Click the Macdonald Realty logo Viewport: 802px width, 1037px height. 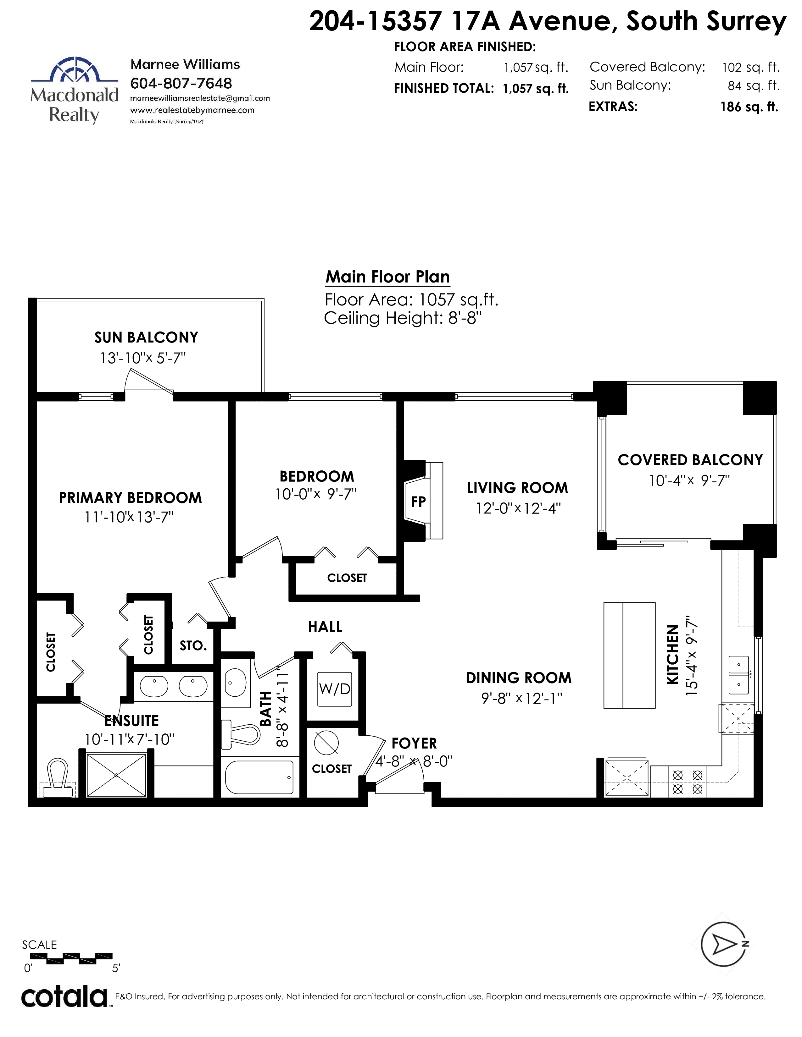coord(75,90)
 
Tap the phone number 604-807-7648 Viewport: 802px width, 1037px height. coord(181,84)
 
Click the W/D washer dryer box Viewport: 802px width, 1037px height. coord(335,689)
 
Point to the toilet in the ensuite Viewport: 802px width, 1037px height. coord(58,777)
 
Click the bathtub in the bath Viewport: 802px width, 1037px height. coord(259,777)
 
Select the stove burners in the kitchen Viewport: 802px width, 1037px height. coord(688,782)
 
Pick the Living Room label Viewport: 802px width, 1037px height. coord(517,488)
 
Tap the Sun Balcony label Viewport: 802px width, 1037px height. coord(146,337)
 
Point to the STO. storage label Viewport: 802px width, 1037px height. coord(193,646)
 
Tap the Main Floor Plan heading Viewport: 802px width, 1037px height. coord(388,277)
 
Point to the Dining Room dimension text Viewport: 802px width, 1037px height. coord(522,699)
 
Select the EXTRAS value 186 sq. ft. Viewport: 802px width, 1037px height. coord(749,107)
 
